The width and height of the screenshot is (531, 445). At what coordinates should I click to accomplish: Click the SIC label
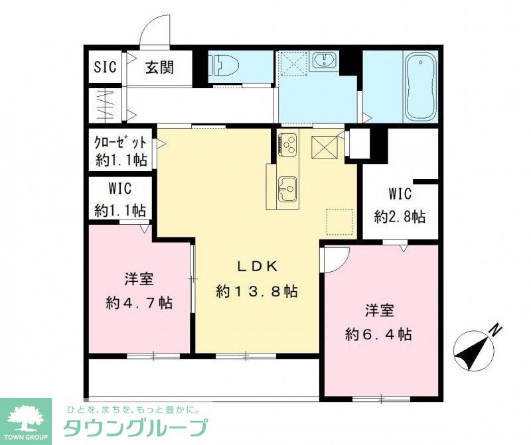click(105, 67)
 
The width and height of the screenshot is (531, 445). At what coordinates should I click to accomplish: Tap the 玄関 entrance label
click(160, 67)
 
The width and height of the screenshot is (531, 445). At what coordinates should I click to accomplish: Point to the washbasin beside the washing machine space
click(325, 62)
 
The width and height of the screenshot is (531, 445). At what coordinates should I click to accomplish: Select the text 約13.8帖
click(256, 290)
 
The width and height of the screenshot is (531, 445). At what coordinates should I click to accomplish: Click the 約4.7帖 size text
click(139, 302)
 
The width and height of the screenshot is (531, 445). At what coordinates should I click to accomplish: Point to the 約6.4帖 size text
click(378, 334)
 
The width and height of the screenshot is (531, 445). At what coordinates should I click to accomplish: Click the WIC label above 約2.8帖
click(400, 194)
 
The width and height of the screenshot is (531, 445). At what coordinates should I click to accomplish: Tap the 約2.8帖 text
click(400, 216)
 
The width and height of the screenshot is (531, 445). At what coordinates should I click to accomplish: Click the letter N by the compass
click(494, 329)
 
